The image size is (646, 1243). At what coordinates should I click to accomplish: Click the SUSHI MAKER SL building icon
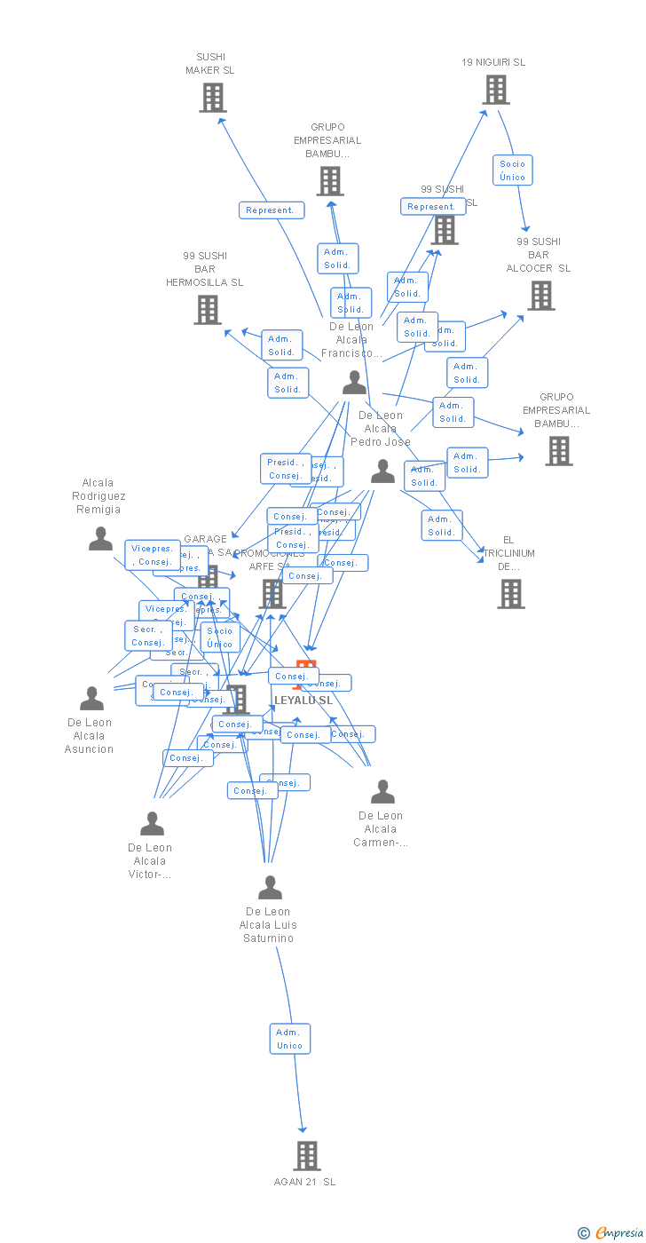212,98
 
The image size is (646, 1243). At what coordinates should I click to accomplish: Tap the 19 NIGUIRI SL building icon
495,90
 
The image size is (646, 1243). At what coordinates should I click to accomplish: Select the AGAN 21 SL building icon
307,1156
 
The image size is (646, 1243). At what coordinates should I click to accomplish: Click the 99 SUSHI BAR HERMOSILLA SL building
208,310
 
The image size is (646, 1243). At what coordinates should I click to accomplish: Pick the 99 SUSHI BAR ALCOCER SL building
540,296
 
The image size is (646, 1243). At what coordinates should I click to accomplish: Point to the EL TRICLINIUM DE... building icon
511,594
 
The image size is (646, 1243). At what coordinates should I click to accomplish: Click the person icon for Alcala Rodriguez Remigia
100,539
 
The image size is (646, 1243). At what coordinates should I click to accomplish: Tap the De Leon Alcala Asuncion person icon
91,699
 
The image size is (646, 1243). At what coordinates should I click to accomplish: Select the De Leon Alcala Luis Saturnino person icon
270,887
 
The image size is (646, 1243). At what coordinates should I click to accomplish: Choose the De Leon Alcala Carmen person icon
382,791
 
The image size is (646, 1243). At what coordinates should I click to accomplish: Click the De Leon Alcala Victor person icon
152,824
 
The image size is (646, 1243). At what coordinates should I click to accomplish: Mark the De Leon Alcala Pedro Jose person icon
382,471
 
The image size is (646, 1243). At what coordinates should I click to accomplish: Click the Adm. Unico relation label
289,1039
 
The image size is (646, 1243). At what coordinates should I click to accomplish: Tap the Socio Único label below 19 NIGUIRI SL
512,170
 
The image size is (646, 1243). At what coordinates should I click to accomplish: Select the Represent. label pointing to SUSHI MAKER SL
271,210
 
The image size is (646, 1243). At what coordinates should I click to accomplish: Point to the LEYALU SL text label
303,701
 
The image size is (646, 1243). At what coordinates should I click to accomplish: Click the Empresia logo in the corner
611,1232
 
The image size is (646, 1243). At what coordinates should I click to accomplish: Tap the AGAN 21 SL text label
305,1182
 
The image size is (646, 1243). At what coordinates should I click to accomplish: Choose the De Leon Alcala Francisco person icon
354,383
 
